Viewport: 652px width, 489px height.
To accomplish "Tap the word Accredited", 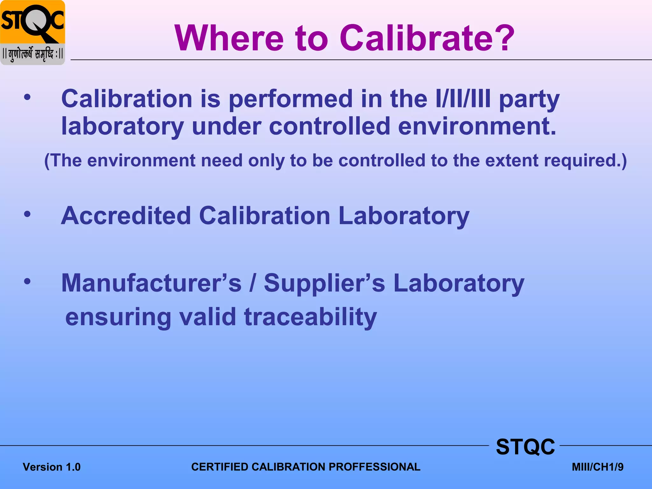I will pos(126,216).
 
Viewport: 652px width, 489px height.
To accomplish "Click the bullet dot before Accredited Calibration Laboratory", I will pos(27,214).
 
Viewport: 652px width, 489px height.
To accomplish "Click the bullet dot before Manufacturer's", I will pos(27,281).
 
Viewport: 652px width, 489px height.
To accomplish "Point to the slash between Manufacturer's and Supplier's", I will pos(252,283).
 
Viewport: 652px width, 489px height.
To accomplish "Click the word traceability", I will pos(310,317).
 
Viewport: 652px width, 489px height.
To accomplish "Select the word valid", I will pos(207,317).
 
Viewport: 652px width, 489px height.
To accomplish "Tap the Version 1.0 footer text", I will pos(52,467).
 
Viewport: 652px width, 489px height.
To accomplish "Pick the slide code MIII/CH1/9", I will pos(598,467).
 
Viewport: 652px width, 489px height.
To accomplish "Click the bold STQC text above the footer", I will pos(525,447).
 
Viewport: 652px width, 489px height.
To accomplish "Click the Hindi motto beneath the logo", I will pos(32,54).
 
